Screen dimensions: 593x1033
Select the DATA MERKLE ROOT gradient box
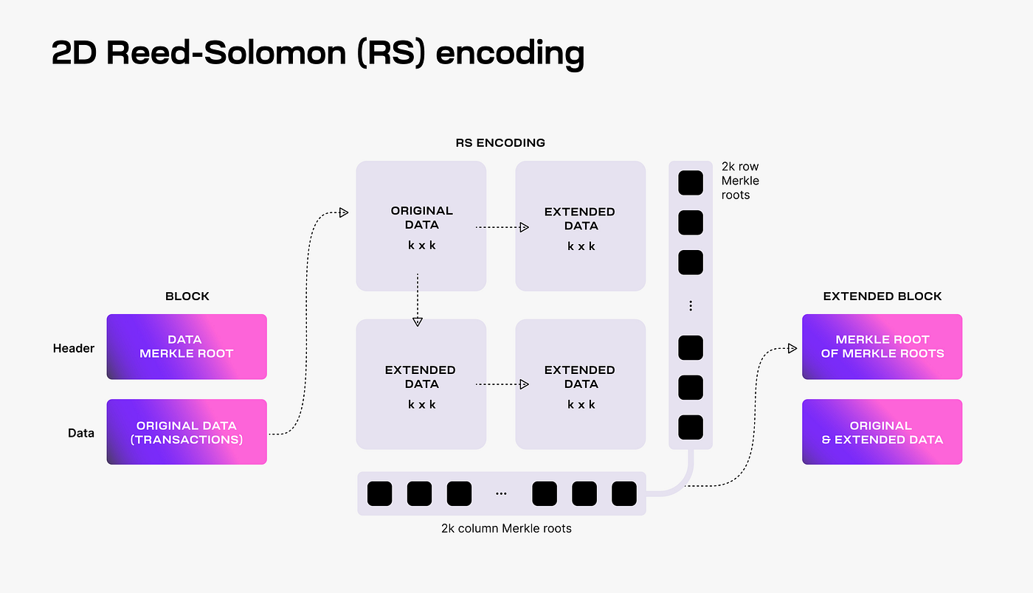(x=187, y=347)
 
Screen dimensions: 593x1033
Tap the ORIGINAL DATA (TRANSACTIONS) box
(x=187, y=432)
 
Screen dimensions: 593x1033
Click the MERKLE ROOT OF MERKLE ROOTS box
(x=882, y=347)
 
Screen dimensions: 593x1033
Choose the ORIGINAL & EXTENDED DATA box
(x=882, y=432)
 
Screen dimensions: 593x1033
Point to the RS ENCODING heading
(x=500, y=142)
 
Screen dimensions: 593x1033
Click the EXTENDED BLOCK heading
(x=882, y=296)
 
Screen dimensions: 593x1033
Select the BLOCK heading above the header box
(x=187, y=296)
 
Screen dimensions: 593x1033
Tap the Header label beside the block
(x=74, y=348)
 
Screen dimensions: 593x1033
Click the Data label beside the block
(x=81, y=433)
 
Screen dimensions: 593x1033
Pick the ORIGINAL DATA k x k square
(x=421, y=226)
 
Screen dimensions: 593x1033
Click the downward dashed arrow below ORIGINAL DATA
(x=418, y=299)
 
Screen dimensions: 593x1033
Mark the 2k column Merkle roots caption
(x=506, y=528)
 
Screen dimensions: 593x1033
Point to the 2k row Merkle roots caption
(x=740, y=181)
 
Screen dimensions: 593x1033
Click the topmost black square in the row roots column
(x=691, y=183)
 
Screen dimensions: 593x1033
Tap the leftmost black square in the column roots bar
(x=379, y=493)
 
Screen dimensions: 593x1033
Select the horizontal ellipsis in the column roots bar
(x=501, y=493)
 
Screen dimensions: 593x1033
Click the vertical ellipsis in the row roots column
(x=691, y=305)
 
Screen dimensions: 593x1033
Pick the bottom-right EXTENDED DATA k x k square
(x=581, y=384)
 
